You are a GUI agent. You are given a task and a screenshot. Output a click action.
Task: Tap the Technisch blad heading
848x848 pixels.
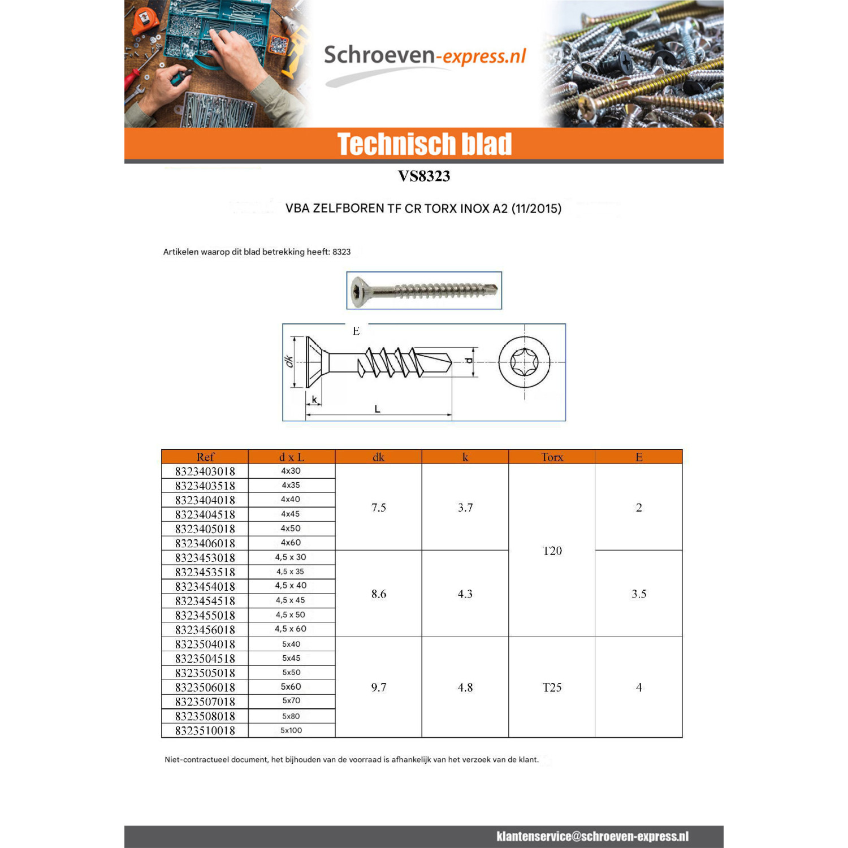pyautogui.click(x=425, y=144)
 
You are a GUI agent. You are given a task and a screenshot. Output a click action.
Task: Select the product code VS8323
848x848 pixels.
pyautogui.click(x=424, y=176)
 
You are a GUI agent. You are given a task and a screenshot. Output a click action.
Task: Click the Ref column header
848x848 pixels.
pyautogui.click(x=205, y=457)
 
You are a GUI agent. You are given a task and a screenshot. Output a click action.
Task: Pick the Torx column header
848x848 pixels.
pyautogui.click(x=552, y=457)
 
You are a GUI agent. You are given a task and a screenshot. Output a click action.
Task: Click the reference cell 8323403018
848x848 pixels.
pyautogui.click(x=205, y=471)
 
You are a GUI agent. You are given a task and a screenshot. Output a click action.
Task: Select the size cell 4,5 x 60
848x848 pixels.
pyautogui.click(x=291, y=629)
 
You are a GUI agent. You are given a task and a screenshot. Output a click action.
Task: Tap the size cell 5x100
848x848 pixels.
pyautogui.click(x=291, y=730)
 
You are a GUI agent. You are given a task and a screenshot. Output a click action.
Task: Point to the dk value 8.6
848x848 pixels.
pyautogui.click(x=379, y=594)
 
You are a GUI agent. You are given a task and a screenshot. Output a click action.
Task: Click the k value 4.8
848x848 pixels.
pyautogui.click(x=465, y=687)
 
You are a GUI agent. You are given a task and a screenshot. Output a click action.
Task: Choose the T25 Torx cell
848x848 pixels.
pyautogui.click(x=552, y=687)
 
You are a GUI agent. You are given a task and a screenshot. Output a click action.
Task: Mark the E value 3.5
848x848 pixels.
pyautogui.click(x=639, y=594)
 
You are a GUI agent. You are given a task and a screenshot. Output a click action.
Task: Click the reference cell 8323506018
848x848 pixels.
pyautogui.click(x=205, y=687)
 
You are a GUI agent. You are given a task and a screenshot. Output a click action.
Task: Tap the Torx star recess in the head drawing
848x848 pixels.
pyautogui.click(x=524, y=362)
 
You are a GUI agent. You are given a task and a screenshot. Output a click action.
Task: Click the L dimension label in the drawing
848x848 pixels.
pyautogui.click(x=377, y=409)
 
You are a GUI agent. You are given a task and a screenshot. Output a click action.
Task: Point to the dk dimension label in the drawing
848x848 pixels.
pyautogui.click(x=289, y=361)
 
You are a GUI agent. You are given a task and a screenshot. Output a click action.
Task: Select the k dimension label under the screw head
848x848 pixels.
pyautogui.click(x=314, y=400)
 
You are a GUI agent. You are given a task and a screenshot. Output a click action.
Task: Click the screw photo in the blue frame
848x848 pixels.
pyautogui.click(x=424, y=291)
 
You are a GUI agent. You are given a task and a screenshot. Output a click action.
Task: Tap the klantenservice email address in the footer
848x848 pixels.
pyautogui.click(x=592, y=837)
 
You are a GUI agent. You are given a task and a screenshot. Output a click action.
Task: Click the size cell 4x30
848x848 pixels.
pyautogui.click(x=291, y=470)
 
